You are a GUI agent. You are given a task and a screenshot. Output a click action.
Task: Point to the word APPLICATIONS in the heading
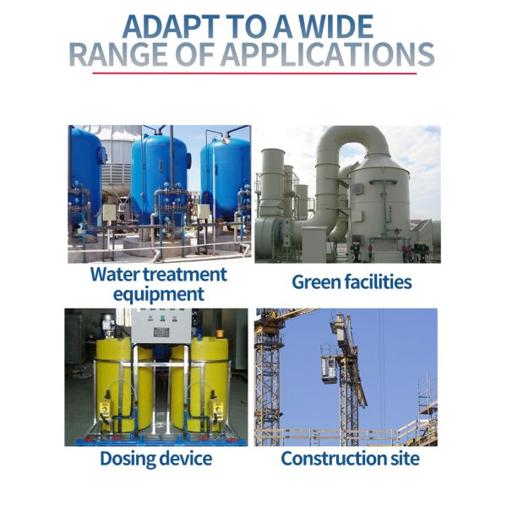pos(328,54)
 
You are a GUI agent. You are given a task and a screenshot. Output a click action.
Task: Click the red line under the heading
pos(254,74)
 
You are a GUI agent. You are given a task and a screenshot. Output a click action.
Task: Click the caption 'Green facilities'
pos(352,282)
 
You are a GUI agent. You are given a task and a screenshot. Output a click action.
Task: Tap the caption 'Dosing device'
pos(156,459)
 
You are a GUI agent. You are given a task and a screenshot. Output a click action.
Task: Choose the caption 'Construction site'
pos(350,458)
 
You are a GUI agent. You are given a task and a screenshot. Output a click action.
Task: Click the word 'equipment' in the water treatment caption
pos(159,294)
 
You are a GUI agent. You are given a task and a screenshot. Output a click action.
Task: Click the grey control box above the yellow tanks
pos(161,326)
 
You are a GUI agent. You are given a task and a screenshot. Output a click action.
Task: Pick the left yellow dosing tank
pos(123,384)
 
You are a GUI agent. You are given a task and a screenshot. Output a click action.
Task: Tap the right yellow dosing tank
pos(200,384)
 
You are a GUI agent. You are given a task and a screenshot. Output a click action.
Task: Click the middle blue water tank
pos(160,177)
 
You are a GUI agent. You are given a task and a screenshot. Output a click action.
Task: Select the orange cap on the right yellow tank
pos(221,333)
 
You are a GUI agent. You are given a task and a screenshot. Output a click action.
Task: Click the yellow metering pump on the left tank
pos(106,408)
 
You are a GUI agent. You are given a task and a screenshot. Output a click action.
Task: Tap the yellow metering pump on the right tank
pos(216,407)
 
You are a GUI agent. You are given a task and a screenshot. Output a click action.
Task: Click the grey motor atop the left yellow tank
pos(108,325)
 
